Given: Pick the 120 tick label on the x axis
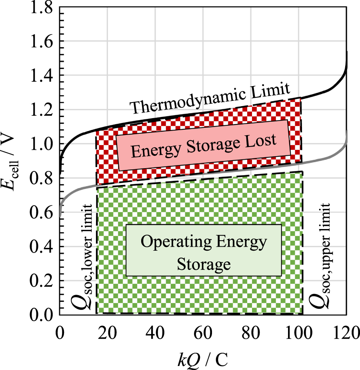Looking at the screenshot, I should coord(346,333).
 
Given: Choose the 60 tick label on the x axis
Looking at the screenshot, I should coord(203,333).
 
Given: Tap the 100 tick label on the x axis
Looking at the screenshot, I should coord(299,333).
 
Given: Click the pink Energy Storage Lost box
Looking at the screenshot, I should coord(203,145).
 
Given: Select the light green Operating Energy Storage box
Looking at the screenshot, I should coord(204,250).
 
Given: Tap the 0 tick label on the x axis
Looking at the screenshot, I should coord(60,333).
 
